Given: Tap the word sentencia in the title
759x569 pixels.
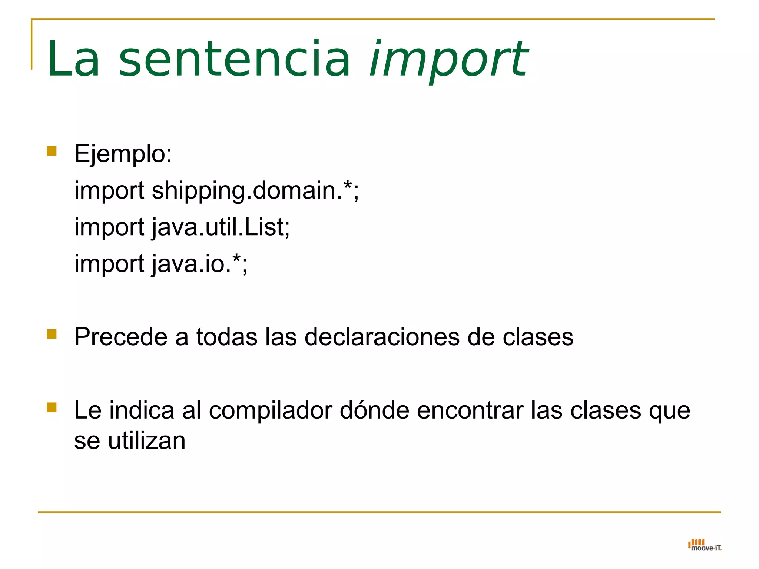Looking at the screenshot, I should point(235,60).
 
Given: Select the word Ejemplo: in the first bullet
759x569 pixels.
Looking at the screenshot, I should point(123,153).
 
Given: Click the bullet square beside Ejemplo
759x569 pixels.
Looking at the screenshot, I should point(52,151).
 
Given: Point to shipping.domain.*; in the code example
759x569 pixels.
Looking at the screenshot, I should point(255,190).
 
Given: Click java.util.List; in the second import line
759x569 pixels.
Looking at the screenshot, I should point(221,227).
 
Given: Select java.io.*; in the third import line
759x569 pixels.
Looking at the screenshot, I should point(200,264).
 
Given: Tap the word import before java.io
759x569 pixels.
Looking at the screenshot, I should point(109,264).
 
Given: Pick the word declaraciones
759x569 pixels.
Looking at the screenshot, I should point(381,337).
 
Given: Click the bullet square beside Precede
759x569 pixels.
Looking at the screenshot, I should point(52,334).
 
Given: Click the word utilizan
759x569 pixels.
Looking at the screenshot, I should point(147,441).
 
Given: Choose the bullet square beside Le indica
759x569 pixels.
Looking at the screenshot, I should point(52,407).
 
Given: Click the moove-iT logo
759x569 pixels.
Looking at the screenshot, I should point(705,545).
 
